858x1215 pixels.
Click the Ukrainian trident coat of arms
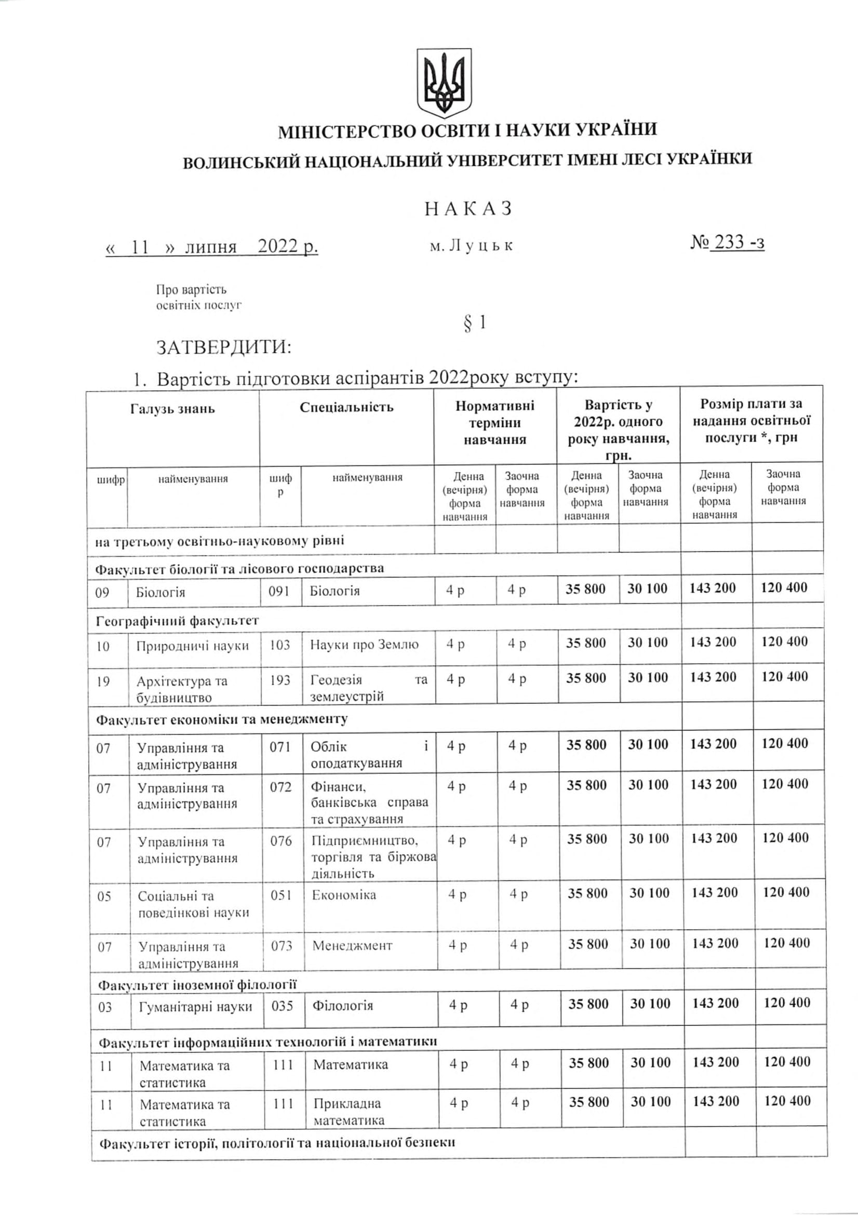(444, 83)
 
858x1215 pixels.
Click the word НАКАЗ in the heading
(468, 209)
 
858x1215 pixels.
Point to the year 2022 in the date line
(278, 247)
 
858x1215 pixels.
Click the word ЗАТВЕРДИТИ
(224, 348)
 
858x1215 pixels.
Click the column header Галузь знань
(172, 409)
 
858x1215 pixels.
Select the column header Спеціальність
(346, 407)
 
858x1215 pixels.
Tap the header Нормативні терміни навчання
(494, 423)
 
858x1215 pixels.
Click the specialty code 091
(279, 591)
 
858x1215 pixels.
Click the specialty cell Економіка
(344, 895)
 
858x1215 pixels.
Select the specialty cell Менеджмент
(352, 945)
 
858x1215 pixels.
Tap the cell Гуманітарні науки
(195, 1007)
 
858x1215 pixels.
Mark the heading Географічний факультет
(177, 621)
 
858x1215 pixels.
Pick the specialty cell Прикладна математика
(348, 1111)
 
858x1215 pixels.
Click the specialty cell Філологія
(343, 1006)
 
